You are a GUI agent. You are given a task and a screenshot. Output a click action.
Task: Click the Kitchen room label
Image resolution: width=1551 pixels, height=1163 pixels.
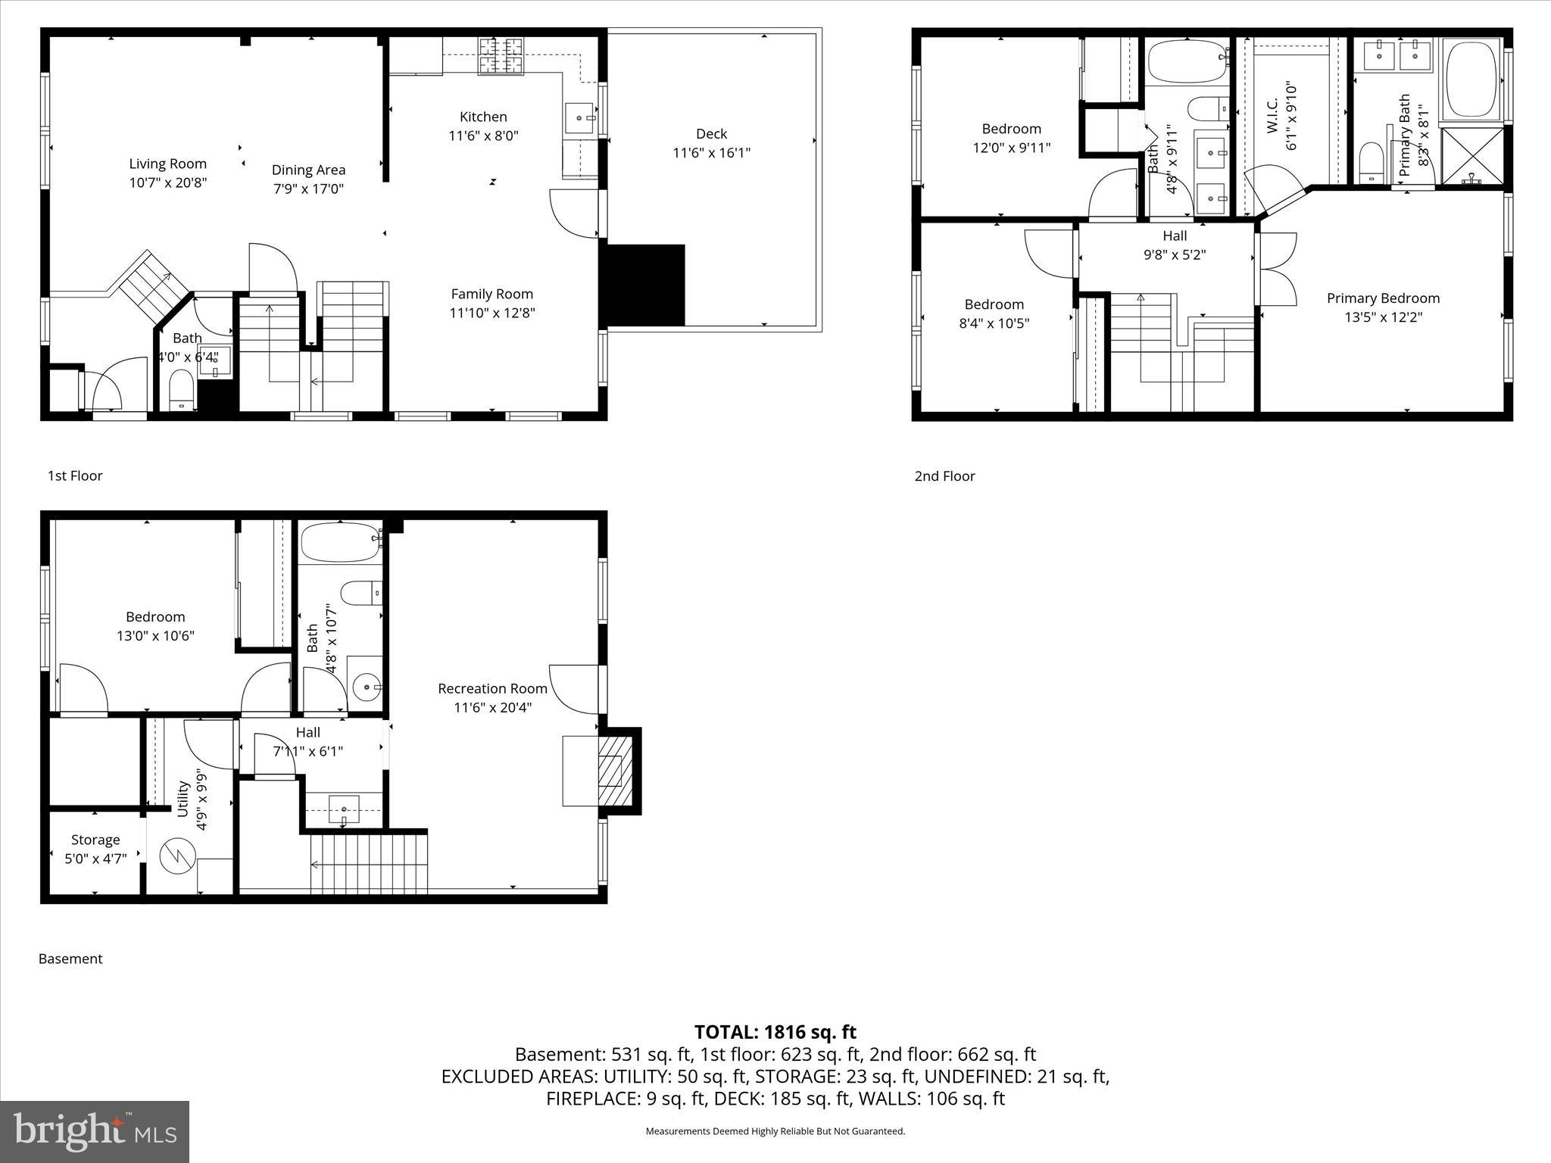coord(483,117)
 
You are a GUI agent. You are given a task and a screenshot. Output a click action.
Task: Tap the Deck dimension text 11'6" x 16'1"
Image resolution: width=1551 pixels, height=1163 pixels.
coord(711,153)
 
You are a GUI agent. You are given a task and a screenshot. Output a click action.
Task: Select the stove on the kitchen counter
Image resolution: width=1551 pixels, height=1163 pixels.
coord(501,55)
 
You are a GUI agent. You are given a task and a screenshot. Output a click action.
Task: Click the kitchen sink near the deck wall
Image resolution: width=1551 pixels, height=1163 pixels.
coord(580,118)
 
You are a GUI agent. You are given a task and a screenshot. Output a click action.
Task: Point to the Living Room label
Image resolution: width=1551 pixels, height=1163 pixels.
coord(167,164)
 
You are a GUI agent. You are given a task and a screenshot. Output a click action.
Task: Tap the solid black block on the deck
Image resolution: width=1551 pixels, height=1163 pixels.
coord(643,285)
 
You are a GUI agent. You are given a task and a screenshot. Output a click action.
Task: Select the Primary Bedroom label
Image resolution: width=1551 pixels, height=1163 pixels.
coord(1383,298)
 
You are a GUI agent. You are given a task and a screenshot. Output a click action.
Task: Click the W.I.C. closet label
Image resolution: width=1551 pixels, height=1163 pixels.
coord(1272,115)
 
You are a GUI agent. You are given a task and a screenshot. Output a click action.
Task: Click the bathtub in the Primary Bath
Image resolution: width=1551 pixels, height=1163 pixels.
coord(1473,79)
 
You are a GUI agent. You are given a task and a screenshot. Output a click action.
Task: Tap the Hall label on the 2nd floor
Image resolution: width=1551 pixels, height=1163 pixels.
coord(1175,236)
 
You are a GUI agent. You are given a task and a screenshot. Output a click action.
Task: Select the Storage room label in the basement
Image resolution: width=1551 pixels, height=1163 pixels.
coord(95,840)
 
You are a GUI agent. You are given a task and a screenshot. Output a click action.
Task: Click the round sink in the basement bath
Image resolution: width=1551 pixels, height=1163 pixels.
coord(367,688)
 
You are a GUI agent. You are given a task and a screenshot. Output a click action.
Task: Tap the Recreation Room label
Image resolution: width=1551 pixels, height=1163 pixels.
coord(492,688)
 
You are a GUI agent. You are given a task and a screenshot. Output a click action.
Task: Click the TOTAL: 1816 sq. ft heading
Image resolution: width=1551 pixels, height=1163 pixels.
coord(775,1032)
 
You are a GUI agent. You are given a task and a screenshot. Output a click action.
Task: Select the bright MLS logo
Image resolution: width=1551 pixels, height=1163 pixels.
coord(95,1131)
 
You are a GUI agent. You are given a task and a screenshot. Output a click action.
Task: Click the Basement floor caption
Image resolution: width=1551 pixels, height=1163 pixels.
coord(70,959)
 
